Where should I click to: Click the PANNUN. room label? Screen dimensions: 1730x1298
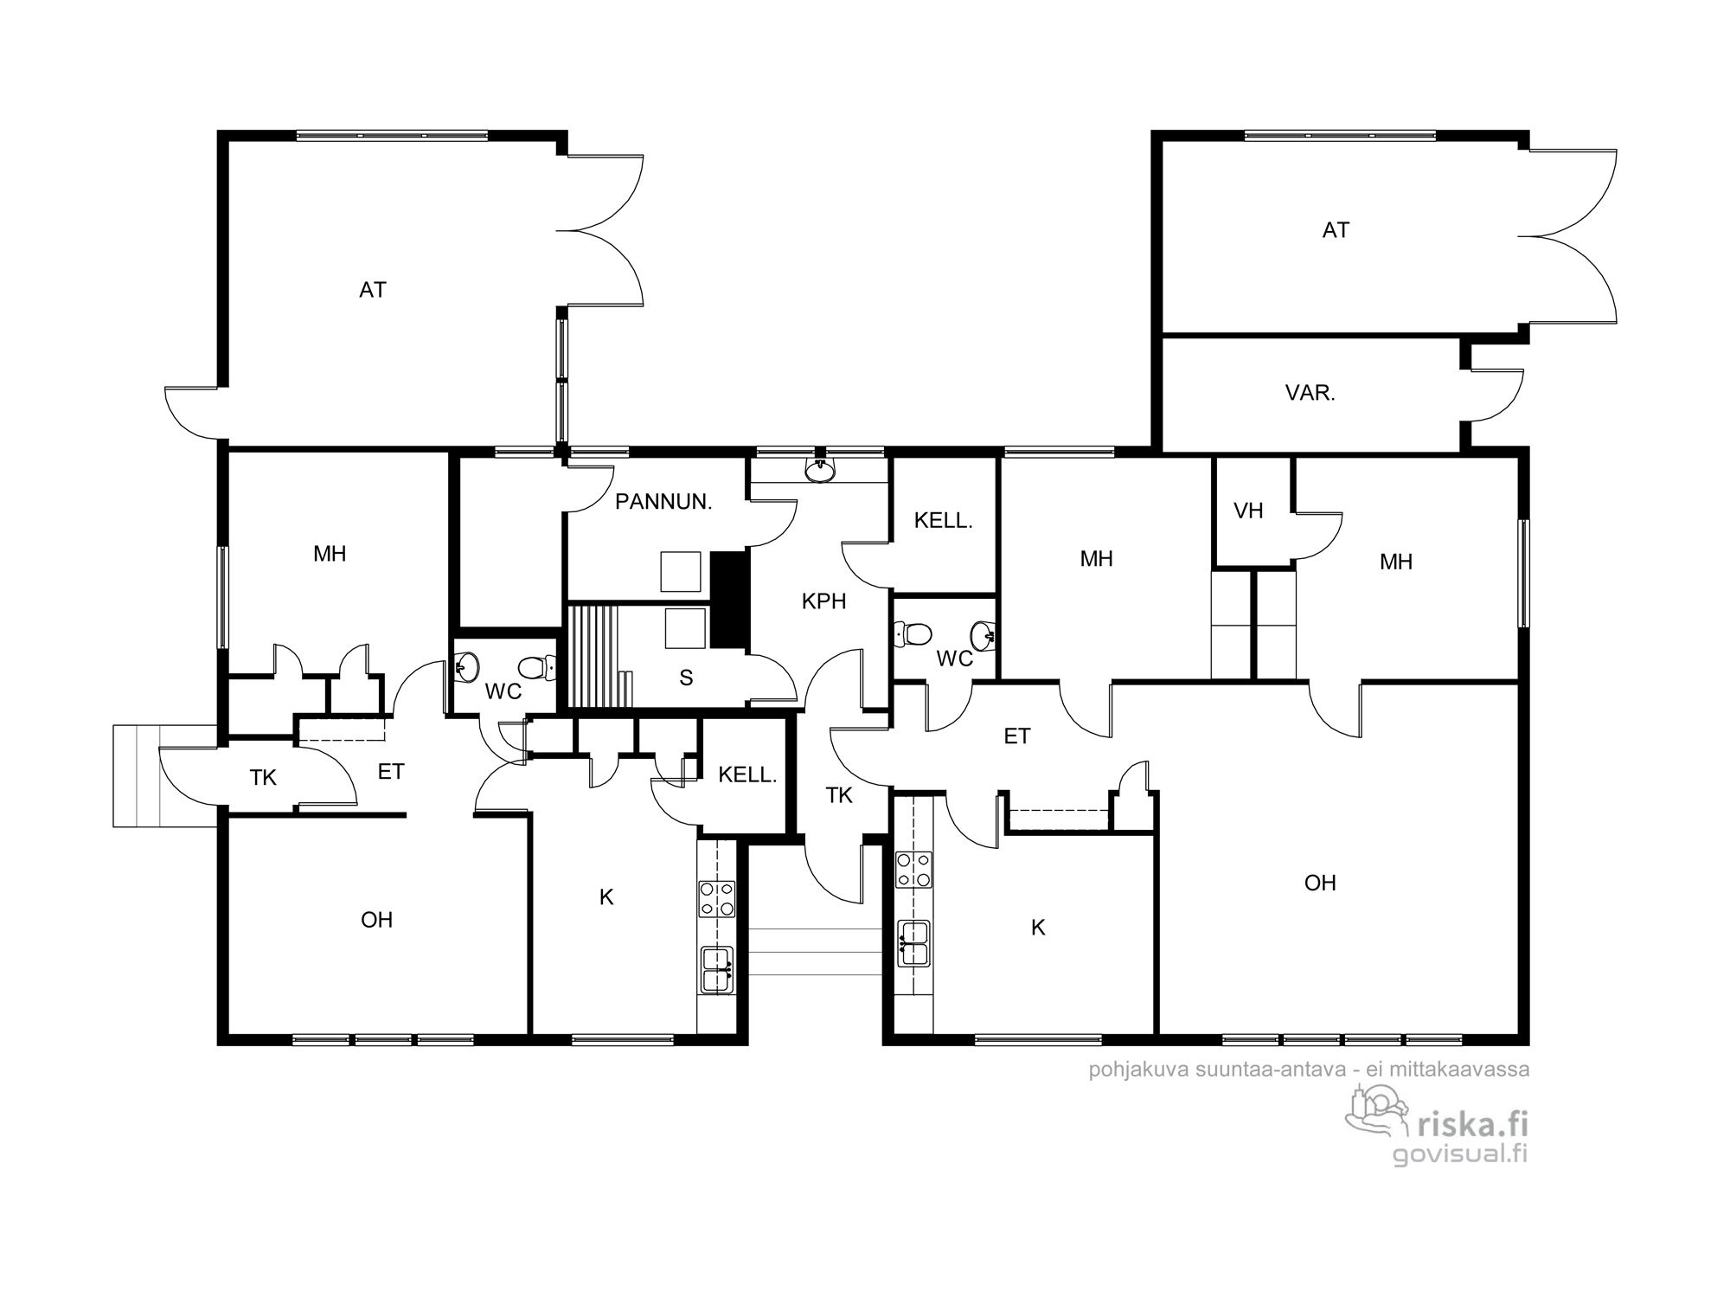click(x=663, y=502)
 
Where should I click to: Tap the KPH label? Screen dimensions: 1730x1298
click(x=823, y=601)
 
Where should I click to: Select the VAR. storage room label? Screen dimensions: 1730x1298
click(x=1310, y=393)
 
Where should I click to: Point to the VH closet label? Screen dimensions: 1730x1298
click(x=1248, y=511)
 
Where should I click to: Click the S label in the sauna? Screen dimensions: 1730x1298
click(x=686, y=678)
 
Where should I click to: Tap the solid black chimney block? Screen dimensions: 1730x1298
click(x=728, y=600)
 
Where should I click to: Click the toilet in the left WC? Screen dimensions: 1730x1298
click(x=536, y=667)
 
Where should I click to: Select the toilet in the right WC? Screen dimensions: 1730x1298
click(x=913, y=633)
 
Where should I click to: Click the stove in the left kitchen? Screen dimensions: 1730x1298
click(x=717, y=899)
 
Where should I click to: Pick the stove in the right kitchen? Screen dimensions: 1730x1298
click(x=913, y=870)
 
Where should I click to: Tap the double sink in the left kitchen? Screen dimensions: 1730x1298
click(x=717, y=970)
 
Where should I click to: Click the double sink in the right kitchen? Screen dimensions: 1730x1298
click(x=913, y=943)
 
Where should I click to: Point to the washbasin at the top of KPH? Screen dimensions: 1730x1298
click(x=819, y=470)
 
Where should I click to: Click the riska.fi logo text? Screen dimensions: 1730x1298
click(x=1471, y=1125)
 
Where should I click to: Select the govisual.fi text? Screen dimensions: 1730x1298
click(x=1460, y=1154)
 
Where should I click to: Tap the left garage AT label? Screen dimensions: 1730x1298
click(x=373, y=290)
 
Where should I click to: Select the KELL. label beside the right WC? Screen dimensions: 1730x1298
click(x=944, y=521)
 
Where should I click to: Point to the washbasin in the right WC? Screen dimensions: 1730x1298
click(x=983, y=636)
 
